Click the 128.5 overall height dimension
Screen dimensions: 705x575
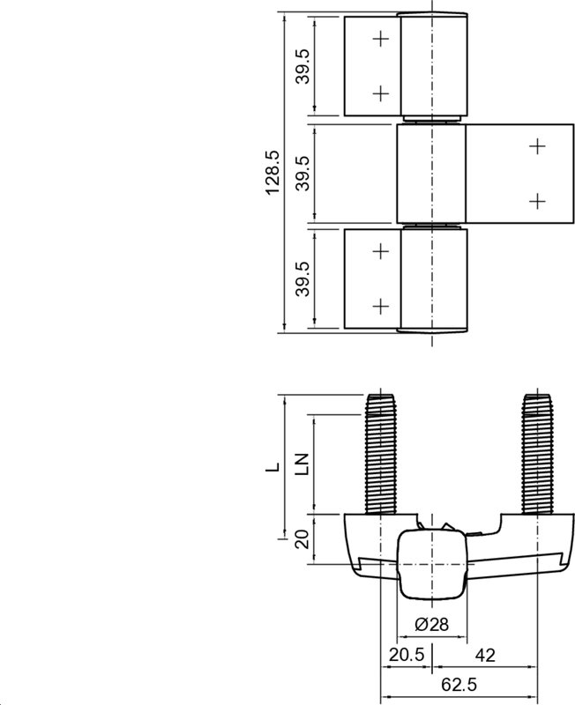[273, 172]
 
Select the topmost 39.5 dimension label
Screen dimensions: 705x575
[302, 66]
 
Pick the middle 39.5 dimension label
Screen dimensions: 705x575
[302, 173]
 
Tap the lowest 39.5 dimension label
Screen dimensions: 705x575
[302, 279]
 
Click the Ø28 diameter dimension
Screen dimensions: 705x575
[431, 625]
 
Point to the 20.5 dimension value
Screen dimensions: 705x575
[406, 656]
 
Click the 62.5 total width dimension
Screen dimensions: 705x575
[459, 685]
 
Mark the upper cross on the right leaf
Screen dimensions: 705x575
[537, 146]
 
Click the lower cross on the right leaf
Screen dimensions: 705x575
[537, 201]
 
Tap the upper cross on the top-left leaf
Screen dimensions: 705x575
[380, 39]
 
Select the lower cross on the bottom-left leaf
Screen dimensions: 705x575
[380, 306]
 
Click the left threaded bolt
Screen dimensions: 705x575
[380, 454]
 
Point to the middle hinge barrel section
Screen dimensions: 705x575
[431, 173]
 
